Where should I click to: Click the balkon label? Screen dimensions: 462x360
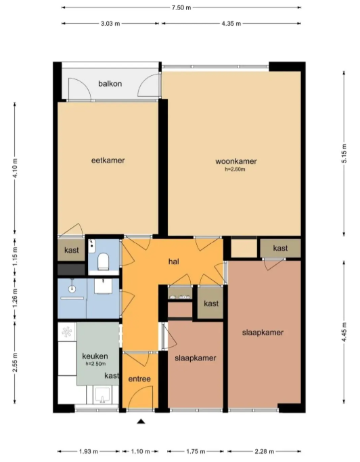[x=110, y=83]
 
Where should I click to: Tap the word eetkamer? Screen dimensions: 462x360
[x=108, y=161]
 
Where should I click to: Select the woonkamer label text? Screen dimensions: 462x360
[x=236, y=161]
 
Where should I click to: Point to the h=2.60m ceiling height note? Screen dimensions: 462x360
[x=236, y=169]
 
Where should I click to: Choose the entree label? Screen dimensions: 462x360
[x=139, y=379]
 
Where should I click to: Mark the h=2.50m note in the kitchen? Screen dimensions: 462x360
[x=96, y=364]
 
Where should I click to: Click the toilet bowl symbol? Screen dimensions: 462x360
[x=104, y=261]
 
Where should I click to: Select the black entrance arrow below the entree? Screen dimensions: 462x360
[x=141, y=423]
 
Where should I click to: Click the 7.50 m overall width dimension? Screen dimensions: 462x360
[x=181, y=7]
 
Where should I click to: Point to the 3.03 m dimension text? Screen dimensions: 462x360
[x=110, y=24]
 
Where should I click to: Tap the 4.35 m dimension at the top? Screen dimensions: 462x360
[x=231, y=24]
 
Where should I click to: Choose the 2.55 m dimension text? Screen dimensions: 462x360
[x=14, y=368]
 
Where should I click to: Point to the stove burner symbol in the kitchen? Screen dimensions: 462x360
[x=67, y=331]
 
